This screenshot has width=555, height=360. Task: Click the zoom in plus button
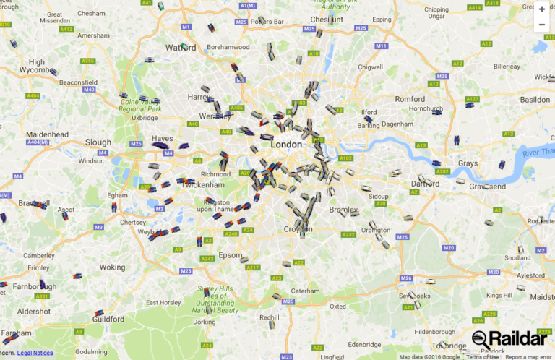542,9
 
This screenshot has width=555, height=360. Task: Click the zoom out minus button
542,25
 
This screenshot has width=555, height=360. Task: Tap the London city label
285,145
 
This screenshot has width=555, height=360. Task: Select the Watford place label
181,48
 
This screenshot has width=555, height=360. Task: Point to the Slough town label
98,142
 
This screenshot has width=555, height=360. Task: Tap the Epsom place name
231,255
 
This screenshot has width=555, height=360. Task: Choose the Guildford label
108,319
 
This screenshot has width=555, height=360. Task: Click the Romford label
410,98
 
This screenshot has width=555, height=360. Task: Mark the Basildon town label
535,99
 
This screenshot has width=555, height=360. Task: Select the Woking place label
112,267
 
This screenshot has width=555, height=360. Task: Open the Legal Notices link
35,353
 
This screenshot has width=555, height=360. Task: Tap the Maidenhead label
47,135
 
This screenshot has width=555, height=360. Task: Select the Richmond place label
215,174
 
